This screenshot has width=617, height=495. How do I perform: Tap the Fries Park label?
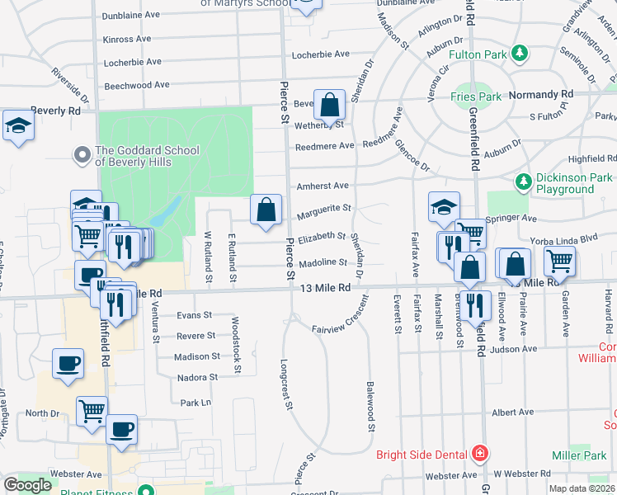(x=472, y=97)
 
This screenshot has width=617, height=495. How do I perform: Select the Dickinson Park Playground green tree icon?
(x=521, y=181)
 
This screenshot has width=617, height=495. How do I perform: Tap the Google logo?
(x=27, y=485)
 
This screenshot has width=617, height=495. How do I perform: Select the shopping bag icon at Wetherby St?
(x=329, y=106)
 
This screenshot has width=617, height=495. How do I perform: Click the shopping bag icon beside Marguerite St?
(x=266, y=210)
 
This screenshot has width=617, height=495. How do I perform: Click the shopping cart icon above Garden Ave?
(x=559, y=262)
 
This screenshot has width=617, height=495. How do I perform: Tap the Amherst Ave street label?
(x=323, y=186)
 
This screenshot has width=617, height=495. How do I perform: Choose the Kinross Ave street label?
(x=126, y=39)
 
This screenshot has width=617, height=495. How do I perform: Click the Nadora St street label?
(x=197, y=377)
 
